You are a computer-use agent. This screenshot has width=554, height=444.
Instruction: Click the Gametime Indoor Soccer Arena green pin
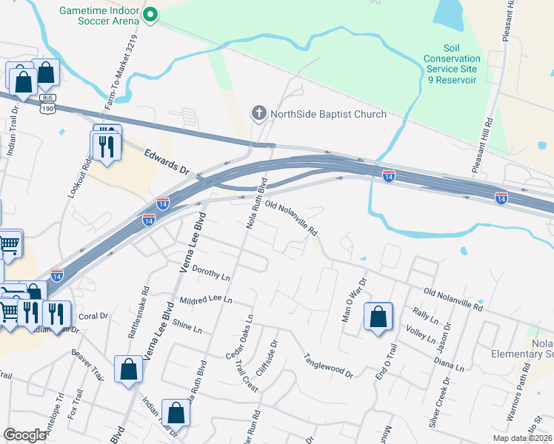tap(150, 14)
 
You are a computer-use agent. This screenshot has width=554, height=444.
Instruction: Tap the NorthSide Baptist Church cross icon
tap(258, 113)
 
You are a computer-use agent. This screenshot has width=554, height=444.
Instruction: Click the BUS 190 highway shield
tap(47, 103)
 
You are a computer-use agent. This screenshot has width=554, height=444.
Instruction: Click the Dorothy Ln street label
tap(211, 275)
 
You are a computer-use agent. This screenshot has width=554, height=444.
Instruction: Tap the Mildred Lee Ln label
tap(206, 300)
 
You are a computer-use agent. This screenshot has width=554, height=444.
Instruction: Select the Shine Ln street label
tap(186, 326)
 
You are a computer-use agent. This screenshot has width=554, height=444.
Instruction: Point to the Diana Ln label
tap(449, 363)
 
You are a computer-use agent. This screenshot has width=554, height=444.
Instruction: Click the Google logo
tap(24, 435)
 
